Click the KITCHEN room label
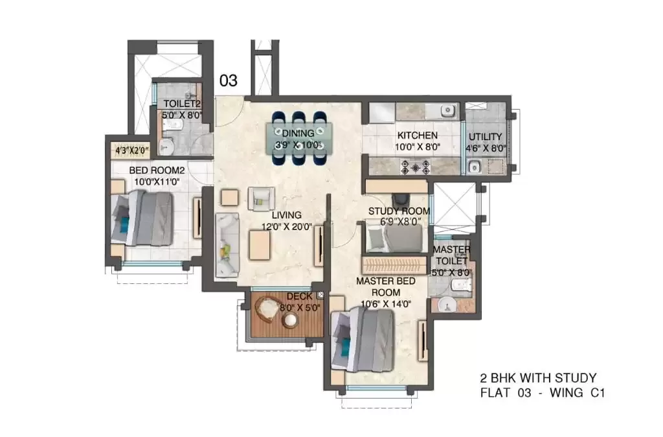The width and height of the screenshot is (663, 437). pos(417,136)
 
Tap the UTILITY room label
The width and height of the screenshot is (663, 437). pos(485,137)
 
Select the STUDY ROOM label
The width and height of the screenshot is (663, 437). pos(399,211)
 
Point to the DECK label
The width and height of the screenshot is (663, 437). pos(299,296)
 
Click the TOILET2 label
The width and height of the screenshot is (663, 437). pos(182,104)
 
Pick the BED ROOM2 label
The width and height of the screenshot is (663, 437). pos(157,171)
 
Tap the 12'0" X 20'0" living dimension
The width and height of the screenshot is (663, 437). pos(286,227)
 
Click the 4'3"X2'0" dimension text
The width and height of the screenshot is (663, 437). pos(132,150)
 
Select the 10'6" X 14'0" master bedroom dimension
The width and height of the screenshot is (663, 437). pos(386,304)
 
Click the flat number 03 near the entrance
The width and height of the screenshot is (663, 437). pos(229,80)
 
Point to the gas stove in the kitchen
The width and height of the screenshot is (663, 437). pos(415,167)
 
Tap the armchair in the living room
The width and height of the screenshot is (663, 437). pos(261,198)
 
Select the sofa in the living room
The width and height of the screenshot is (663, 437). pos(227,245)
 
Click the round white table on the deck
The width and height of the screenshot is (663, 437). pos(291,320)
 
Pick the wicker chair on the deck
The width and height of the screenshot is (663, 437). pos(267,308)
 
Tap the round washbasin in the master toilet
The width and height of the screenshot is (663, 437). pos(445,305)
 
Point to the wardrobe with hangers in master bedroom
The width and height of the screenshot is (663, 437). pos(395,265)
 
